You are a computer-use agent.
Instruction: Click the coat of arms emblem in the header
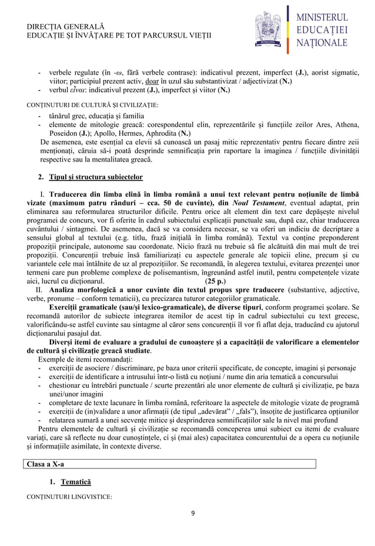(269, 27)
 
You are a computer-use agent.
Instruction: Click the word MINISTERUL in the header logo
(325, 17)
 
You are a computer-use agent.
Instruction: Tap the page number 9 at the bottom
(193, 512)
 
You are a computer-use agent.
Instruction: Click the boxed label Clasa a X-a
(45, 464)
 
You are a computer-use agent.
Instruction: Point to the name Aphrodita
(161, 133)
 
